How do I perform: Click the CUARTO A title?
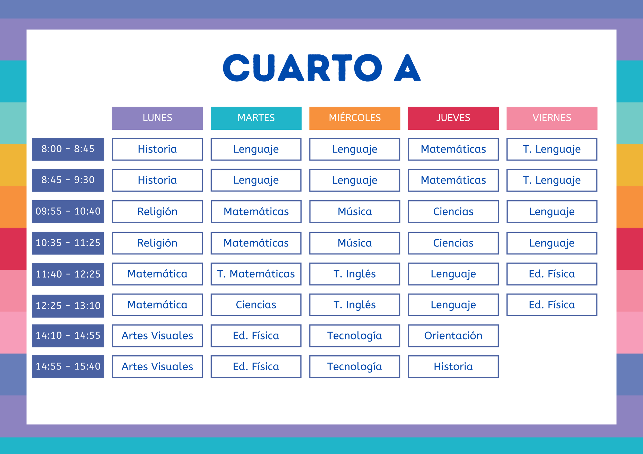coord(321,68)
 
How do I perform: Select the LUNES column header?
coord(157,118)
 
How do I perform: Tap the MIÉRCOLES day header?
coord(354,118)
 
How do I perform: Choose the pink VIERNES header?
coord(552,118)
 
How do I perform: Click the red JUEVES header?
coord(453,118)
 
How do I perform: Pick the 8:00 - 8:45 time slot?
coord(68,149)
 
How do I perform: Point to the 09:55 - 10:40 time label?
coord(68,211)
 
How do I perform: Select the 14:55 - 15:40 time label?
coord(68,366)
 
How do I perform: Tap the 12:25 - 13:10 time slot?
coord(68,306)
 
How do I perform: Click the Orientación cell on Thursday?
coord(453,335)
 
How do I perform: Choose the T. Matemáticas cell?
coord(256,274)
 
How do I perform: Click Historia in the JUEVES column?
coord(453,366)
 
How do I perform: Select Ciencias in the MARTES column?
coord(256,305)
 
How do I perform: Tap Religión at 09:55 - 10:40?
coord(157,212)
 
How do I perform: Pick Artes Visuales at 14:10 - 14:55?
coord(157,335)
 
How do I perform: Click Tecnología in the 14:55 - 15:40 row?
coord(354,366)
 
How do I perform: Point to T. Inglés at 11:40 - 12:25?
coord(354,274)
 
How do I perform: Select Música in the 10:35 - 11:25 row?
coord(354,243)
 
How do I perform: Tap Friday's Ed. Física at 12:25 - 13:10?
coord(552,305)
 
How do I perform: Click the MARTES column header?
coord(256,118)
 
